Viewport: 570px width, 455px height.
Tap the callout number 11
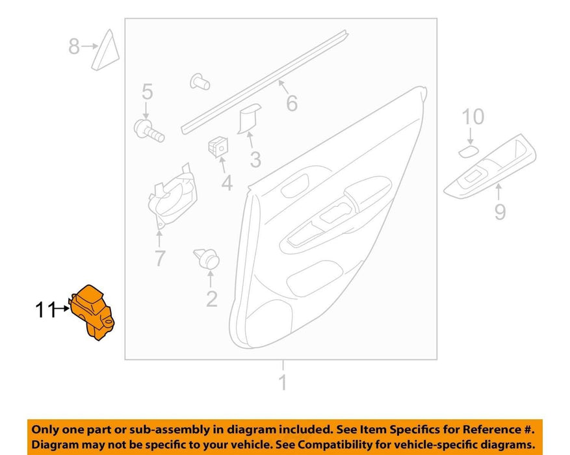tap(45, 310)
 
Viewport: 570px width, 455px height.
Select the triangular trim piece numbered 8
tap(105, 50)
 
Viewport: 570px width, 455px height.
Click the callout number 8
tap(74, 47)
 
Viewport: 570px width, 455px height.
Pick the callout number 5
tap(147, 92)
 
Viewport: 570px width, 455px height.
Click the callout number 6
tap(292, 103)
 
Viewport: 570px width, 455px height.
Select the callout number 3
tap(255, 160)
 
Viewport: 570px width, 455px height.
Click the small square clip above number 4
tap(218, 146)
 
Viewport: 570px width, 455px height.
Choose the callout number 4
tap(227, 183)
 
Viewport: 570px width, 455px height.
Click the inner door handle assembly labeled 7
tap(173, 196)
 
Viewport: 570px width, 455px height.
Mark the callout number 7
tap(160, 258)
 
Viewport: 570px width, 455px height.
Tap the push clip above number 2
tap(207, 259)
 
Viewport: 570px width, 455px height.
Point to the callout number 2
tap(212, 299)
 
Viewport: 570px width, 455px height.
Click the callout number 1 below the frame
tap(283, 382)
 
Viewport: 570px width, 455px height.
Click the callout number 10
tap(473, 117)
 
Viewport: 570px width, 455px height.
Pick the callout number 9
tap(500, 212)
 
